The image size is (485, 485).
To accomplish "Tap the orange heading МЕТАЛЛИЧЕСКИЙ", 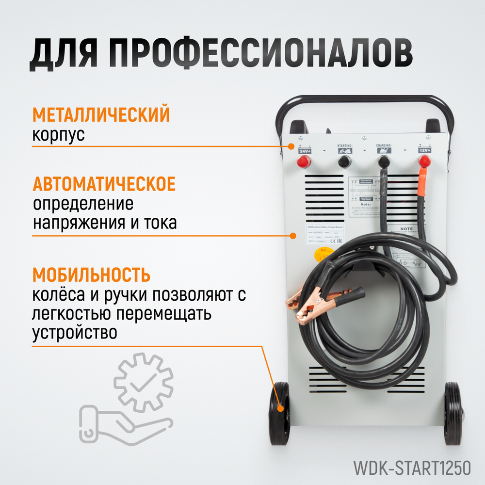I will (x=101, y=115).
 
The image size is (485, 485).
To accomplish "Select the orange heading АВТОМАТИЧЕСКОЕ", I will (x=104, y=184).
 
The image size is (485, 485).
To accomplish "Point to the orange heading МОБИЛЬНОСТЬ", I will (x=91, y=275).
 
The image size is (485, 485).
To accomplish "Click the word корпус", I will (x=58, y=135).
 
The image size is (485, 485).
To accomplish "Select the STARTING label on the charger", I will (x=345, y=145).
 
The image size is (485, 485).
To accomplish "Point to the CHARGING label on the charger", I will (x=384, y=145).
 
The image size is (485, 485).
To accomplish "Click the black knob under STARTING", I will (x=345, y=161).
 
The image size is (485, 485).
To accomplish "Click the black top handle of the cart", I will (x=364, y=99).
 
